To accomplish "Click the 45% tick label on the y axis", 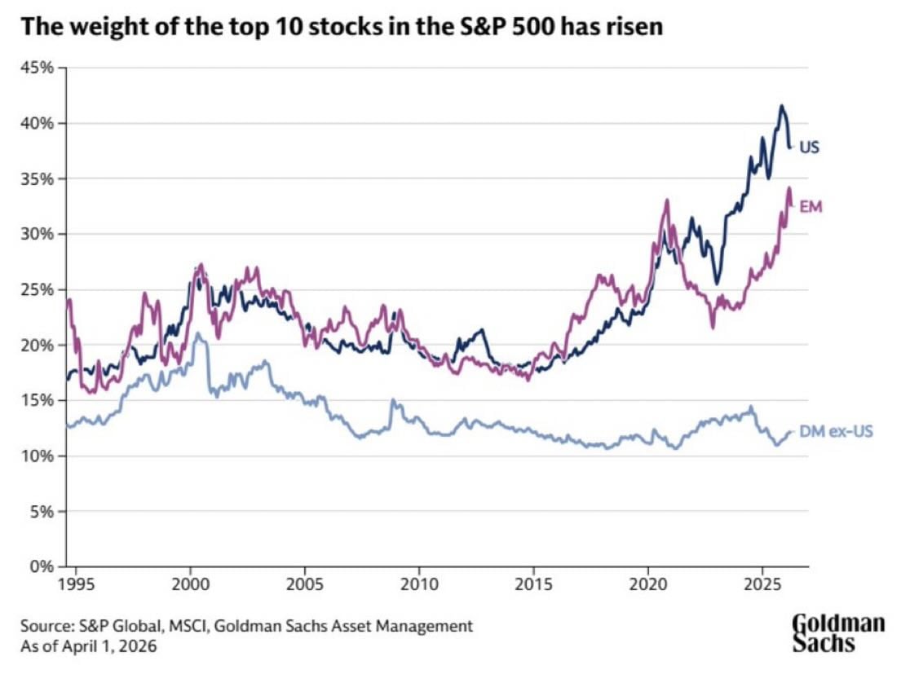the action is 38,68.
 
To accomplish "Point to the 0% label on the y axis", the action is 42,566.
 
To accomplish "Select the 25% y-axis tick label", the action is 38,289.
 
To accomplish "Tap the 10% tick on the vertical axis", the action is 38,456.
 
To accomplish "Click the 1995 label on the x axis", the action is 77,584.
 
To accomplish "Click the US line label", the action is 809,148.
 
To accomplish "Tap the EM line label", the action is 811,206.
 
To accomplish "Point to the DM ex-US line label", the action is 836,432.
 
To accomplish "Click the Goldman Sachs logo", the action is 838,633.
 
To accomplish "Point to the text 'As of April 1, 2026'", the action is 88,646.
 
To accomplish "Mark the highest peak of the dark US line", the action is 781,106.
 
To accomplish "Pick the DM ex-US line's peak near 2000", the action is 198,333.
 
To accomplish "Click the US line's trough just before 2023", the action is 718,284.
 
